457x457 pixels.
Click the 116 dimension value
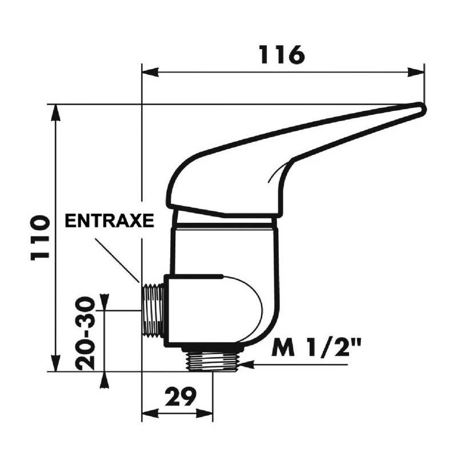tap(282, 55)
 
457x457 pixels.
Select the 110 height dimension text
tap(39, 238)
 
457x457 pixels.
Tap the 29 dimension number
tap(182, 396)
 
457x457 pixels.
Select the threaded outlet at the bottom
tap(211, 361)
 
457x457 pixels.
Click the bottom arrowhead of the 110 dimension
tap(55, 365)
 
